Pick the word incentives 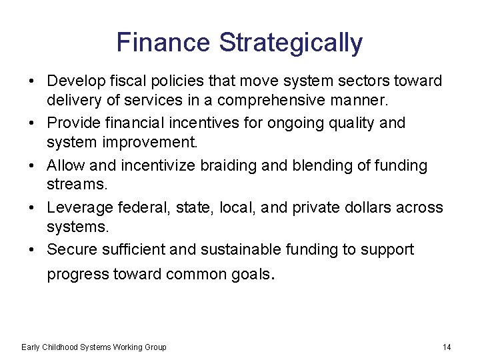[203, 123]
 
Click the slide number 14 [447, 347]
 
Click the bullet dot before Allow [32, 166]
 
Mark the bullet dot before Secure [32, 250]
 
